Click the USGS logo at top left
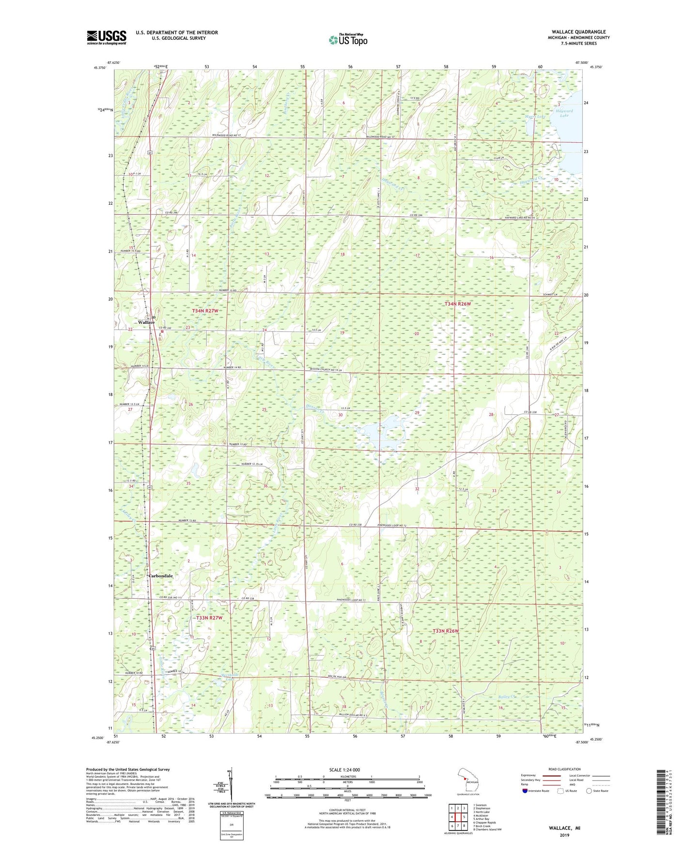[107, 37]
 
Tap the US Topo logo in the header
[348, 40]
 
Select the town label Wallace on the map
[146, 322]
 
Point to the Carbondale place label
[160, 576]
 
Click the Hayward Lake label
[566, 113]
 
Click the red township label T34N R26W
[457, 304]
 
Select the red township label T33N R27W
[209, 618]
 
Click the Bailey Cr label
[507, 697]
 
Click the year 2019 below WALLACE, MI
[564, 835]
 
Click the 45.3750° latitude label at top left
[98, 68]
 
